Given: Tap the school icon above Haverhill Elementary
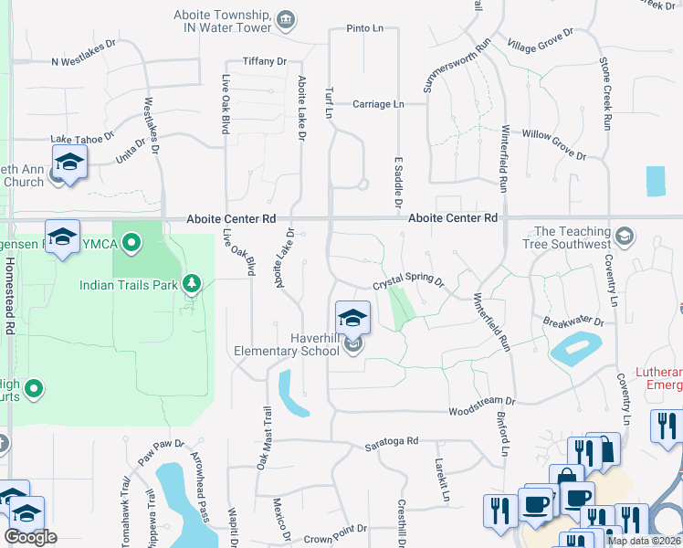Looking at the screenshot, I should tap(353, 318).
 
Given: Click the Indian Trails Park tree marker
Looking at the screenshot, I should tap(191, 284).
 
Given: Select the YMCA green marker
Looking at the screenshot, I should tap(131, 243).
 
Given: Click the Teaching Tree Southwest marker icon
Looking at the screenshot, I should tap(625, 236).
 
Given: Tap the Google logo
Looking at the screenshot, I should tap(30, 537).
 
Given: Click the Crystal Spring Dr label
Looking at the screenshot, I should tap(407, 283).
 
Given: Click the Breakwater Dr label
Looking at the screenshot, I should tap(573, 321).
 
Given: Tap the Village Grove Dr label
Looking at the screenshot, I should tap(540, 40).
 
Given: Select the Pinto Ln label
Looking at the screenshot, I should tap(365, 28).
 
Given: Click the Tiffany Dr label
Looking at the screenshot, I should tap(265, 61).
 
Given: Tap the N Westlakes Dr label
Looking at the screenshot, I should tap(84, 62).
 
